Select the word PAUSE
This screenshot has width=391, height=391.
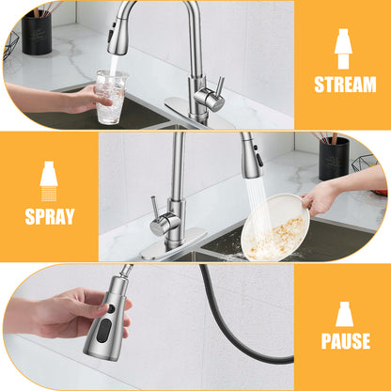345,341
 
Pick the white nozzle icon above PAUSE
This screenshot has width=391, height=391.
344,313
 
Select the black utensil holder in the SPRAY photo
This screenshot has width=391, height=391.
334,158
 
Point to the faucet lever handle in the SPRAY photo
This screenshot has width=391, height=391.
155,211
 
